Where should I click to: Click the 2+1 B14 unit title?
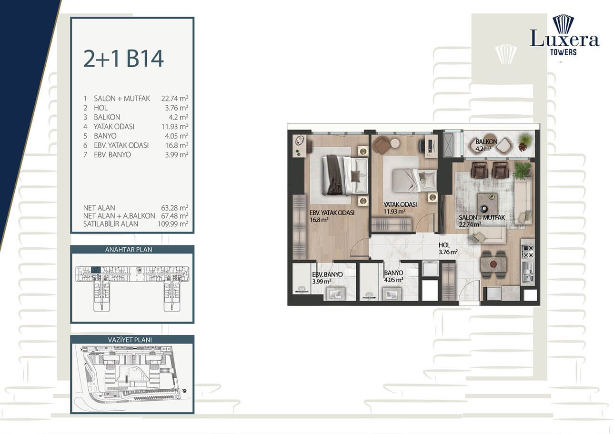click(123, 59)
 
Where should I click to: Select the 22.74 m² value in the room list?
click(175, 99)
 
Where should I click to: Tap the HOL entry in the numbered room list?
click(101, 108)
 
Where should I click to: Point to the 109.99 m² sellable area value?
click(173, 224)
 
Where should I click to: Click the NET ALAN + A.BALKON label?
click(119, 216)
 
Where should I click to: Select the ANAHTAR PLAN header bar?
click(132, 250)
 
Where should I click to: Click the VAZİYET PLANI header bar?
click(132, 340)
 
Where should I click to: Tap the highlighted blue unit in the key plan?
click(96, 270)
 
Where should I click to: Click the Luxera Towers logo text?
click(564, 42)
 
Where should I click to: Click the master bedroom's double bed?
click(345, 175)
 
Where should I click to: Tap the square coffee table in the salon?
click(487, 203)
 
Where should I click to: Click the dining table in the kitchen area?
click(493, 264)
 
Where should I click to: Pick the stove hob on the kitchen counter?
click(527, 252)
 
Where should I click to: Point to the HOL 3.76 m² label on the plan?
click(448, 248)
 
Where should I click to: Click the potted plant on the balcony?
click(525, 142)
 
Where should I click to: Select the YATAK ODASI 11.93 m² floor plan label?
click(400, 208)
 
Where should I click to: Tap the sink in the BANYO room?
click(392, 294)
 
